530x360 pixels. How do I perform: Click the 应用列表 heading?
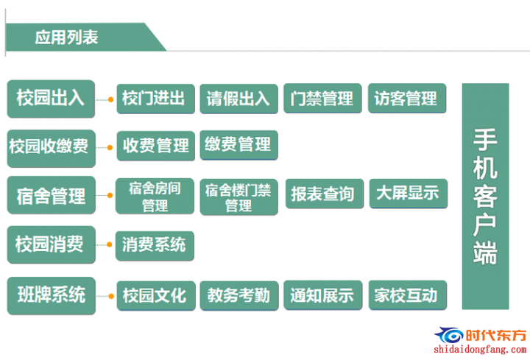pyautogui.click(x=66, y=37)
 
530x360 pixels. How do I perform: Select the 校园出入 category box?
pyautogui.click(x=51, y=99)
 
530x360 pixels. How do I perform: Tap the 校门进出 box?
pyautogui.click(x=155, y=99)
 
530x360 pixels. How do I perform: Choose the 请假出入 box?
pyautogui.click(x=239, y=99)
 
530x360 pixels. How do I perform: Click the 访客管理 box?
pyautogui.click(x=407, y=98)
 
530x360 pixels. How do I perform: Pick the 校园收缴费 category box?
pyautogui.click(x=51, y=149)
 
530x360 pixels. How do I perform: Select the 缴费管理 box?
pyautogui.click(x=239, y=145)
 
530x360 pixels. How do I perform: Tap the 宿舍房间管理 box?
pyautogui.click(x=155, y=196)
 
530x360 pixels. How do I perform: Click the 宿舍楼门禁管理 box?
pyautogui.click(x=239, y=197)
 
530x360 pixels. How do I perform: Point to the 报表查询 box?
pyautogui.click(x=325, y=194)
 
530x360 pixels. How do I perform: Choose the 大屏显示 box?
pyautogui.click(x=409, y=194)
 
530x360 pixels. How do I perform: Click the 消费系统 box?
pyautogui.click(x=155, y=246)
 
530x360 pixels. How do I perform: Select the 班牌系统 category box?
pyautogui.click(x=51, y=296)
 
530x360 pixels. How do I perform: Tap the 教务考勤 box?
pyautogui.click(x=239, y=296)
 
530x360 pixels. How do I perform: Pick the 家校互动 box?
pyautogui.click(x=407, y=295)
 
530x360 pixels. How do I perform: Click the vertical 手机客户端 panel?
pyautogui.click(x=485, y=196)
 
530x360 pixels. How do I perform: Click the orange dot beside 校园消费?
pyautogui.click(x=109, y=244)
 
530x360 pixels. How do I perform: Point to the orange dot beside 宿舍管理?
pyautogui.click(x=110, y=195)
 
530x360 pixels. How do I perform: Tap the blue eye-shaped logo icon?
pyautogui.click(x=449, y=335)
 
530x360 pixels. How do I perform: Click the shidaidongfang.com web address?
pyautogui.click(x=480, y=349)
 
